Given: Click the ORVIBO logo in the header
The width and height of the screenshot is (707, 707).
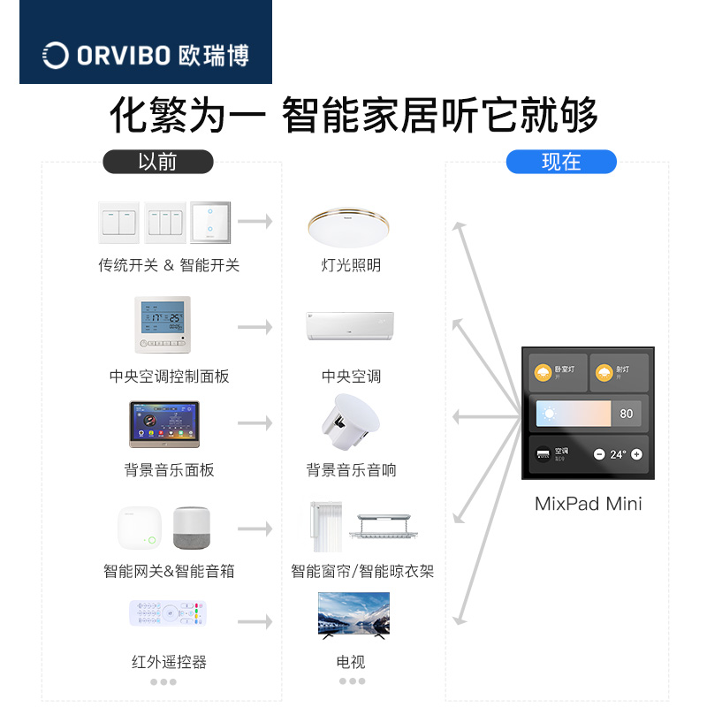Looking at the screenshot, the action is point(146,56).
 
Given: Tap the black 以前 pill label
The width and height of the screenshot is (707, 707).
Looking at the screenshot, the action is point(158,162).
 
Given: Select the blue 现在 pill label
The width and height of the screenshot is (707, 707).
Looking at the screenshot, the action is point(561,162).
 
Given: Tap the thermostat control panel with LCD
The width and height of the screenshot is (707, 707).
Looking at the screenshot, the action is point(163,326).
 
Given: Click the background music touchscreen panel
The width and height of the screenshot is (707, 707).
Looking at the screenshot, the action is point(163,424).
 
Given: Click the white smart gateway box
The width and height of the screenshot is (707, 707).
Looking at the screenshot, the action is point(140,528).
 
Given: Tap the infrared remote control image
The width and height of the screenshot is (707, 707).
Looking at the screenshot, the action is point(168,612).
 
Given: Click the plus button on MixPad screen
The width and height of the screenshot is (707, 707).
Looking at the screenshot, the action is point(636,454).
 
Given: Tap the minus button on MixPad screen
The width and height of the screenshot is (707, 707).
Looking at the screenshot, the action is point(599,454).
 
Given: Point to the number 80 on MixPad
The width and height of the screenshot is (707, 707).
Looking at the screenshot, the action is point(626,414).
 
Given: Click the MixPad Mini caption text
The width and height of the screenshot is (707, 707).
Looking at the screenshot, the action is point(588,505).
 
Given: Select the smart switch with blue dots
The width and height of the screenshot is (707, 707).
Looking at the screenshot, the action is point(210,223).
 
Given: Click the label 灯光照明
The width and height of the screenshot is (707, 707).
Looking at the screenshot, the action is point(351,265).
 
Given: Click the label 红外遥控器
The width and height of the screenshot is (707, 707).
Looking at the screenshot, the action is point(169,662).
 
